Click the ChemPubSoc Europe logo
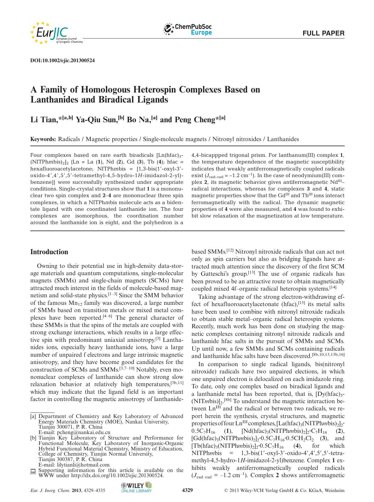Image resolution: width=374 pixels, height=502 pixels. (x=188, y=29)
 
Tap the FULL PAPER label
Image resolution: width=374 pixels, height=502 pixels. (x=323, y=33)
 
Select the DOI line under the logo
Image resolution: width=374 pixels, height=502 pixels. (x=63, y=60)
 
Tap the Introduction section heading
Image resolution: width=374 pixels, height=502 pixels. (x=49, y=252)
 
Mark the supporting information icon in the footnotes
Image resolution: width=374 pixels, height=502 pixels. (x=33, y=471)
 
